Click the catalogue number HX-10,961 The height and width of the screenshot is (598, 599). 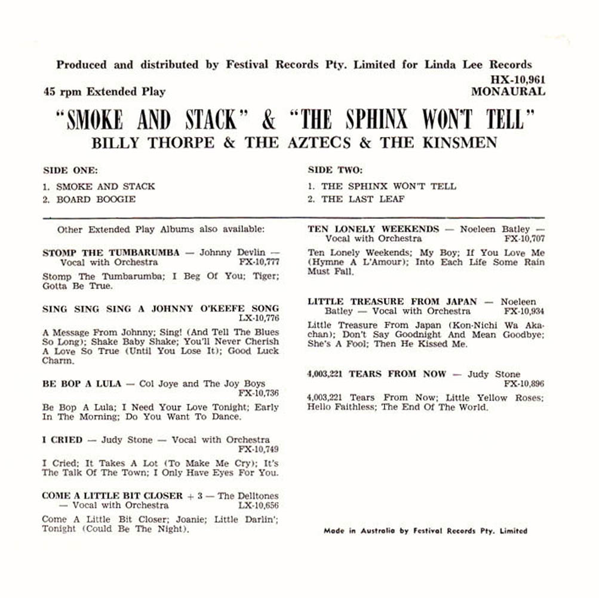pyautogui.click(x=517, y=79)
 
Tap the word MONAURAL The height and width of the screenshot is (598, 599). pyautogui.click(x=508, y=91)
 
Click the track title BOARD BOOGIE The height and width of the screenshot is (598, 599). pyautogui.click(x=96, y=199)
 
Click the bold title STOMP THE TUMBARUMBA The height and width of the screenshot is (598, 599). pyautogui.click(x=110, y=252)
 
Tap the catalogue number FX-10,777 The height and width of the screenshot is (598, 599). pyautogui.click(x=258, y=262)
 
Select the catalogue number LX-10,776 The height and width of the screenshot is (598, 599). pyautogui.click(x=258, y=318)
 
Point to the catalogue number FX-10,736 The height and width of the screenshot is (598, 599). pyautogui.click(x=258, y=393)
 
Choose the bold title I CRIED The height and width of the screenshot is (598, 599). pyautogui.click(x=62, y=440)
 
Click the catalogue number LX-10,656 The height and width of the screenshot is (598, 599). pyautogui.click(x=258, y=505)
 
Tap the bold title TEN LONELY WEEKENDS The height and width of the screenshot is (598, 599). pyautogui.click(x=373, y=229)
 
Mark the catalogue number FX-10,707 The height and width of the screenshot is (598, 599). pyautogui.click(x=524, y=239)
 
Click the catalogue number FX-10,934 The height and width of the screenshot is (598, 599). pyautogui.click(x=524, y=312)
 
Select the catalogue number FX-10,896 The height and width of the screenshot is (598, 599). pyautogui.click(x=524, y=384)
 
